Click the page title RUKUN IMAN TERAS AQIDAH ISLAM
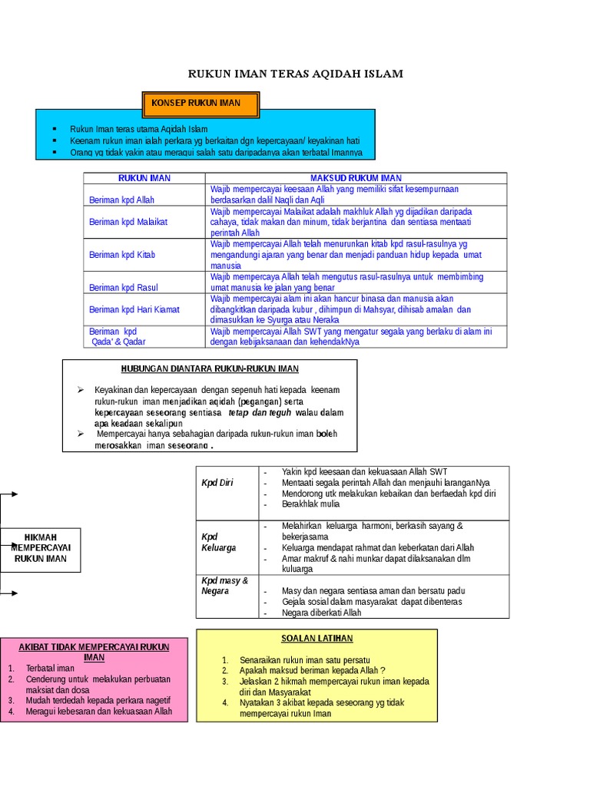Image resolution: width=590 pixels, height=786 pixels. coord(296,74)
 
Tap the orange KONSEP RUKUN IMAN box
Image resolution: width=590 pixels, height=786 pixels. coord(201,103)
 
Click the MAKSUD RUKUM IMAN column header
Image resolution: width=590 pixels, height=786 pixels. coord(356,178)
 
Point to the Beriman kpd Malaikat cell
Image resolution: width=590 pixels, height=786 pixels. coord(128,222)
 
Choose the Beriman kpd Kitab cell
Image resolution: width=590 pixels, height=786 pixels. coord(122,254)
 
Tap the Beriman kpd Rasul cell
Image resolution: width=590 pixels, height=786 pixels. coord(124,287)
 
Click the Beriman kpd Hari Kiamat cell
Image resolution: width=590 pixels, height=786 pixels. coord(134,309)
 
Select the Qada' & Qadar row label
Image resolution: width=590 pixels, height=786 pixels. coord(118,342)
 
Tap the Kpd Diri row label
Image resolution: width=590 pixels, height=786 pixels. coord(217,483)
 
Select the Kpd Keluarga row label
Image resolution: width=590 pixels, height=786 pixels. coord(219,542)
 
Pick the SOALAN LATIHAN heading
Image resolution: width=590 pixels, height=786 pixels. coord(317,639)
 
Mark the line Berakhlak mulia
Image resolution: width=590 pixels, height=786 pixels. coord(310,504)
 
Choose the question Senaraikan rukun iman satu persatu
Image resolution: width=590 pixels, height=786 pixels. coord(305,660)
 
